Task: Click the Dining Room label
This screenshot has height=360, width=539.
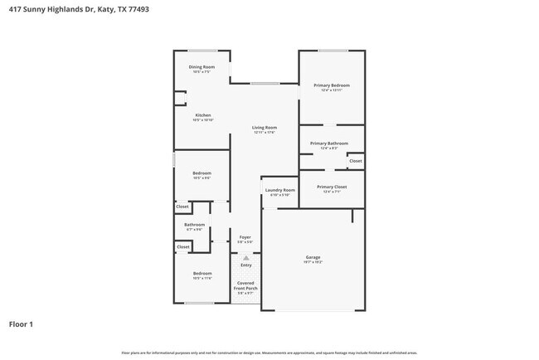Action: click(x=202, y=66)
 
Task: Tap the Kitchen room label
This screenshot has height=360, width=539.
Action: click(x=203, y=115)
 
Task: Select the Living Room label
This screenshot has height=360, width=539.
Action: click(x=264, y=127)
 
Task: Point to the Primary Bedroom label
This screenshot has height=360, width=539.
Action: click(x=331, y=85)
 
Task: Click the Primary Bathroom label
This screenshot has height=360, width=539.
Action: click(x=329, y=144)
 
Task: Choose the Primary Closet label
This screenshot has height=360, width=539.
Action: click(x=331, y=187)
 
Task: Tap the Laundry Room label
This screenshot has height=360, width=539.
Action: click(x=279, y=190)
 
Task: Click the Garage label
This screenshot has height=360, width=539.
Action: click(x=313, y=257)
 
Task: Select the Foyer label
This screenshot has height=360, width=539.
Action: click(x=245, y=237)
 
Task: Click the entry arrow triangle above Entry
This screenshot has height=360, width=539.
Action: click(x=245, y=258)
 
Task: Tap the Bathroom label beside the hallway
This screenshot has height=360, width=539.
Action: click(x=195, y=224)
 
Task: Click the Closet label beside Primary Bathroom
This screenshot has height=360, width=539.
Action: click(x=355, y=160)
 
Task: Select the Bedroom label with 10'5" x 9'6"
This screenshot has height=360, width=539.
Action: click(x=202, y=173)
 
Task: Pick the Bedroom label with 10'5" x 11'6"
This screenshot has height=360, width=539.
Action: click(x=202, y=273)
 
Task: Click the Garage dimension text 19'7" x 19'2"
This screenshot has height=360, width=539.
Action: click(x=313, y=262)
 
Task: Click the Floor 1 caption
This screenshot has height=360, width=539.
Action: click(x=21, y=324)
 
